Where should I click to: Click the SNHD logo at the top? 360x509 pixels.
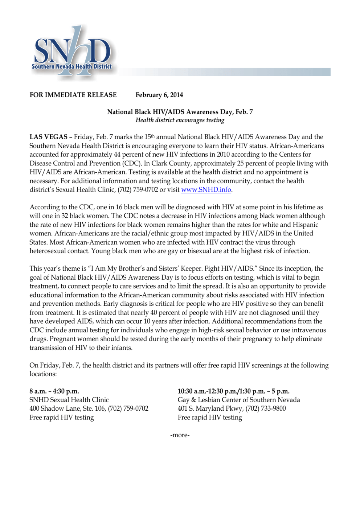pos(73,53)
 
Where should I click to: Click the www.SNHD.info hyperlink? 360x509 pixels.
pos(206,190)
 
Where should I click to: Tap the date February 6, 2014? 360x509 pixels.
pos(159,95)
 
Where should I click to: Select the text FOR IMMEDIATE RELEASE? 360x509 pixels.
pos(73,95)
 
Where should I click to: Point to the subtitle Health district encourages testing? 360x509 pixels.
pos(180,120)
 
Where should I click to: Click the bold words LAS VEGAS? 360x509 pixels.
pos(48,137)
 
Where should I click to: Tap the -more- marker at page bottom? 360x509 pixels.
pos(180,435)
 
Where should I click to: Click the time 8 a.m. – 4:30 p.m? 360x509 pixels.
pos(54,391)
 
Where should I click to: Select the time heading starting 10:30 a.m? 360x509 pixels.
pos(233,391)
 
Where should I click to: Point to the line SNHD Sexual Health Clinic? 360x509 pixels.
pos(69,400)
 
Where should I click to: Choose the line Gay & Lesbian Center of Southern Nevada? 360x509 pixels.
pos(238,400)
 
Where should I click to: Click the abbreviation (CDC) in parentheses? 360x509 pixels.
pos(132,164)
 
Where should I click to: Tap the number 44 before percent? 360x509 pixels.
pos(117,155)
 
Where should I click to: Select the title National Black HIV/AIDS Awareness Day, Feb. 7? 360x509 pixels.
pos(180,112)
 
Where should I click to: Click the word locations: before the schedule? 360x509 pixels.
pos(43,374)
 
